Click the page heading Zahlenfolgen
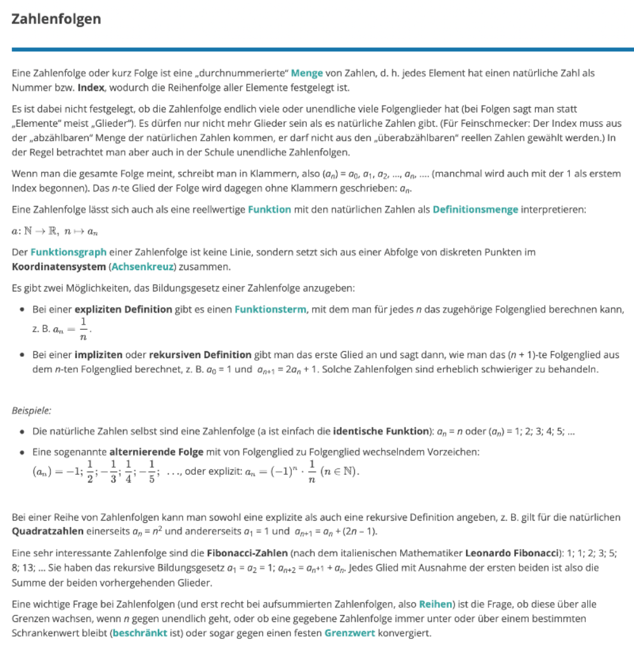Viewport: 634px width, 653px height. (56, 19)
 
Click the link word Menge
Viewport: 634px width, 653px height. (307, 74)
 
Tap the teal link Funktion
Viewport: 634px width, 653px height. (269, 209)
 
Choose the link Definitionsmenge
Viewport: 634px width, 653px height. (475, 209)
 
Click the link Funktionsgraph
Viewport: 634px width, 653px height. (69, 252)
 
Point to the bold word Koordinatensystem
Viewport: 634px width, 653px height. (58, 266)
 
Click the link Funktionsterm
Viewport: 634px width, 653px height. (270, 309)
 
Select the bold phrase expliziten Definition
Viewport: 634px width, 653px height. (123, 309)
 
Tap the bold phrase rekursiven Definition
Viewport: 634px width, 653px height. (200, 355)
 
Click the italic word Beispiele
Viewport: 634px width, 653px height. (31, 411)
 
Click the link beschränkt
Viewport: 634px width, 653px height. (139, 633)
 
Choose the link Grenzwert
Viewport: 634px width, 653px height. (349, 633)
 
